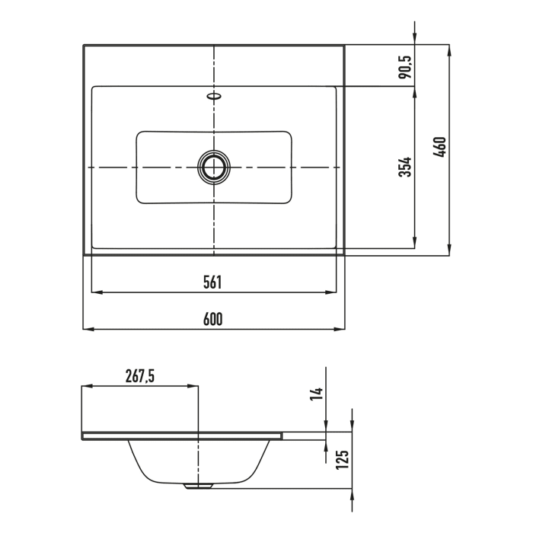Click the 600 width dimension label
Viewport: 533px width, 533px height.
point(212,319)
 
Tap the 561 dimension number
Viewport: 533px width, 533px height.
point(212,282)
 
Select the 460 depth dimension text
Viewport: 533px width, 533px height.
point(440,147)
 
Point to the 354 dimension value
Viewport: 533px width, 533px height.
point(405,167)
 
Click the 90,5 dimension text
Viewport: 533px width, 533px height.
point(405,67)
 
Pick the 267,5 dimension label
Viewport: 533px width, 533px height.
point(140,376)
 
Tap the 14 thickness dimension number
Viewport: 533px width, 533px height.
point(317,394)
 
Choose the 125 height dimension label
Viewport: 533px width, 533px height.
point(343,460)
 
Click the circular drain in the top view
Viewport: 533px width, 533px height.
point(214,167)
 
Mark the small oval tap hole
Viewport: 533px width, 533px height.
point(214,96)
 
